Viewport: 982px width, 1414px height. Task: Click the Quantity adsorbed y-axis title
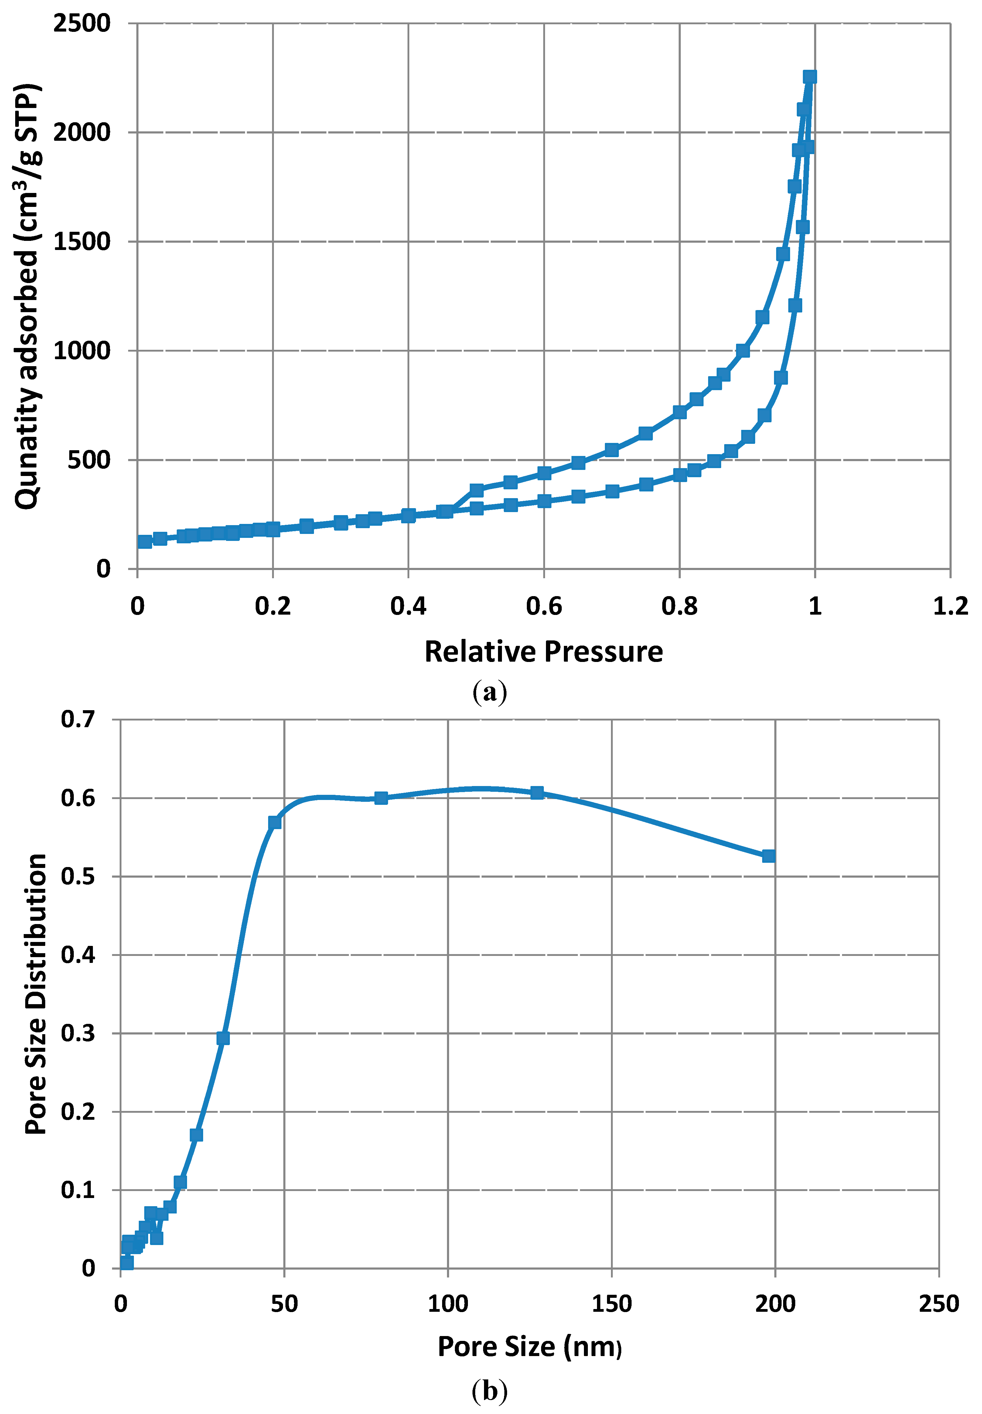coord(28,295)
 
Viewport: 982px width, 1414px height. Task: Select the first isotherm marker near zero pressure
coord(145,542)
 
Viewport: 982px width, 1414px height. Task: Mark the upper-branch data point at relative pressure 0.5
coord(476,490)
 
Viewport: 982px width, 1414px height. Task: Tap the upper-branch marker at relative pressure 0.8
coord(679,412)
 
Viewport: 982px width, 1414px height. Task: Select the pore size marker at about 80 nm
coord(381,798)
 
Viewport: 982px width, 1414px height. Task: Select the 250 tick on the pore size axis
coord(938,1304)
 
